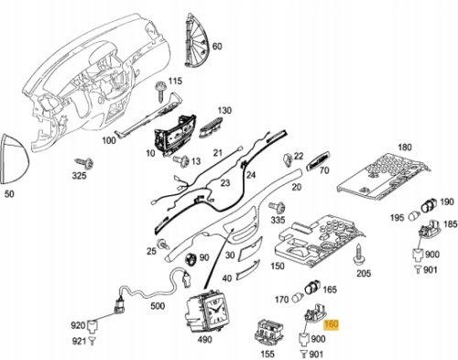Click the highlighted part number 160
332,323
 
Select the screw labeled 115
161,91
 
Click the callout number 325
79,176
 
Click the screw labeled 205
359,254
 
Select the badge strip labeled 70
319,159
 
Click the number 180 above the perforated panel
405,147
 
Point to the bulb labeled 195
415,215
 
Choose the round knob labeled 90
191,259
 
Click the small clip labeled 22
288,159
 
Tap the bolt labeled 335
278,208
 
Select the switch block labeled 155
269,333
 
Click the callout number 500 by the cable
158,306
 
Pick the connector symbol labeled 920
92,325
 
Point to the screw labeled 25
163,244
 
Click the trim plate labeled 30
250,248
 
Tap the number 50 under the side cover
9,193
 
